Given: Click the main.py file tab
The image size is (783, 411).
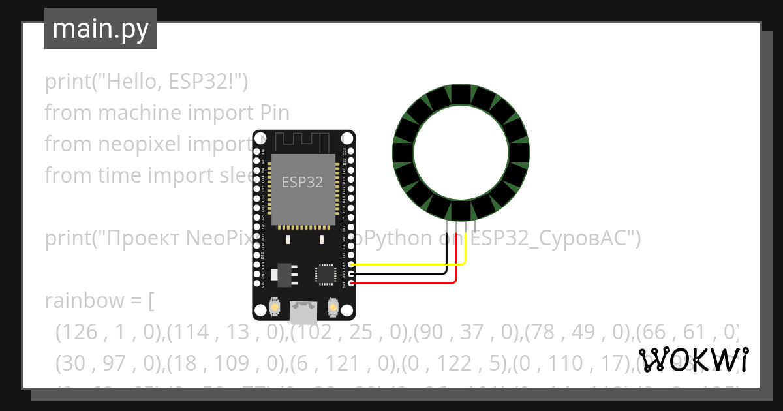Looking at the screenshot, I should [x=100, y=29].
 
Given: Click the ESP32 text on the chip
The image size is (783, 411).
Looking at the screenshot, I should [x=302, y=183].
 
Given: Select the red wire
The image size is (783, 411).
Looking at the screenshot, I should [x=405, y=283].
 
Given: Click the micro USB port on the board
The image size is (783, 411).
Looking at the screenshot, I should [x=303, y=313].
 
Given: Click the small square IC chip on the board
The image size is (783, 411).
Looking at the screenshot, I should [x=325, y=274].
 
